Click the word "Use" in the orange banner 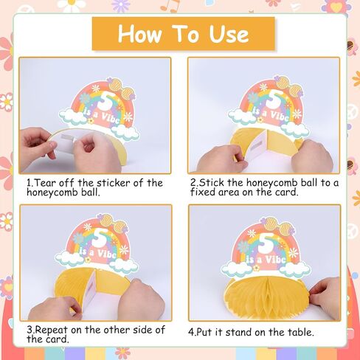click(229, 34)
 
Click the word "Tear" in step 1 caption click(46, 183)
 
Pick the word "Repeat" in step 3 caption click(51, 330)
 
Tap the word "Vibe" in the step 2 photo click(280, 115)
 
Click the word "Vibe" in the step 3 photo click(107, 254)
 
